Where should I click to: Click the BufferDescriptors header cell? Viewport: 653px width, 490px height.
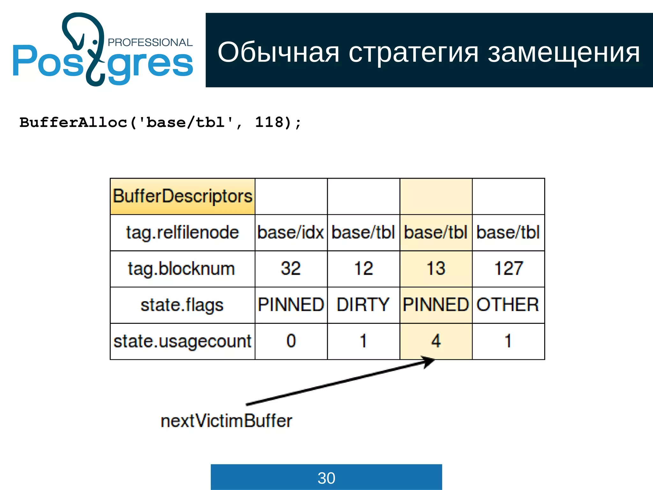[182, 196]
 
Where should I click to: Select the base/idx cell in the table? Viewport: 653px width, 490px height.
[291, 233]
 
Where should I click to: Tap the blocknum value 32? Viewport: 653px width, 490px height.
[291, 269]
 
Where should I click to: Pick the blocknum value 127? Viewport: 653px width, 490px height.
[508, 269]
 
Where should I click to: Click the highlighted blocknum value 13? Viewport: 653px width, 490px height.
[436, 269]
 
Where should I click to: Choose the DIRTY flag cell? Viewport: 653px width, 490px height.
[363, 305]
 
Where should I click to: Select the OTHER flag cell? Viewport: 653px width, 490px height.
[508, 305]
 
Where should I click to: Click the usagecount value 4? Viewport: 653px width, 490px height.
[436, 341]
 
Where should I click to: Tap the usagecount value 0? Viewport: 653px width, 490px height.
[291, 341]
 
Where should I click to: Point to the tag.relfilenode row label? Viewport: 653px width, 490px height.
[182, 233]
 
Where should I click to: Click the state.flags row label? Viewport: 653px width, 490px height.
[182, 305]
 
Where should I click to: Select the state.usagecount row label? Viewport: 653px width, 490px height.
[182, 341]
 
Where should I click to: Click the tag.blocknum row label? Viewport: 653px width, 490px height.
[181, 269]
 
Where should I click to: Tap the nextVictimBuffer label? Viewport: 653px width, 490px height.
[226, 421]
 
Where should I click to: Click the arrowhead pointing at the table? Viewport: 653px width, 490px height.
[429, 361]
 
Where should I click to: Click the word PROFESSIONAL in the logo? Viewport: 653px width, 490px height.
[150, 42]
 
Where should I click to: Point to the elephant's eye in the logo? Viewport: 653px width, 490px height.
[95, 42]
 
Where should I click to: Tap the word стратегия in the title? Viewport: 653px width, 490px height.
[414, 53]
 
